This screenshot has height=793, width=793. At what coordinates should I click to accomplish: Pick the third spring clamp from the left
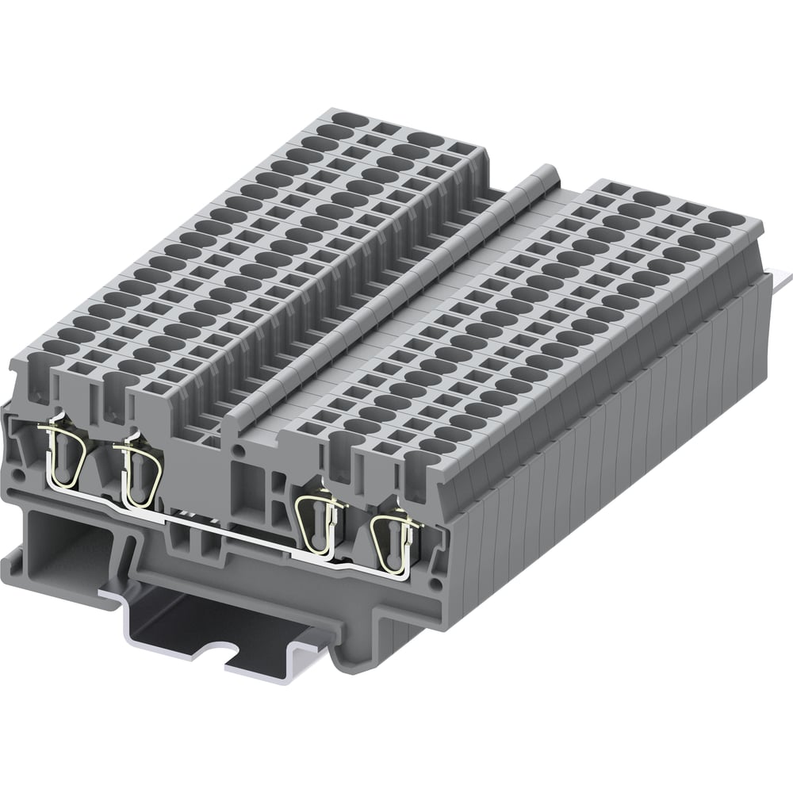click(x=319, y=519)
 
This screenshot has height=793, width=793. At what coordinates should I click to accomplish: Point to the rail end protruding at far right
click(x=780, y=278)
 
